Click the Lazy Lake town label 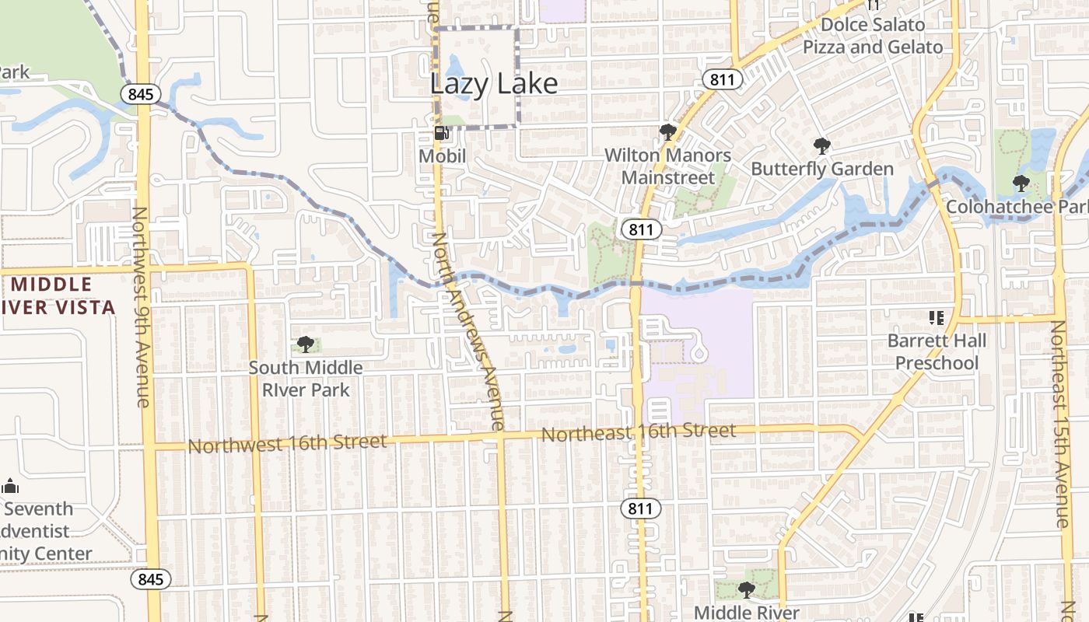(x=494, y=84)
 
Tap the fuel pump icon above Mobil (x=441, y=133)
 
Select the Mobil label (x=442, y=156)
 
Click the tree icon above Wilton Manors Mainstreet (x=667, y=131)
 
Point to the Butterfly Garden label (x=822, y=169)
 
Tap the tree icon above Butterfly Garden (x=821, y=145)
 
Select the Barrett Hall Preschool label (x=937, y=351)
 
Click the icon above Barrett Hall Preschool (x=937, y=317)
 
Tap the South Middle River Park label (x=306, y=379)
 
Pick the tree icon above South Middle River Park (x=306, y=344)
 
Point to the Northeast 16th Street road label (x=639, y=432)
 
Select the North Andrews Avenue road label (x=470, y=330)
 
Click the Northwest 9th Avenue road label (x=141, y=306)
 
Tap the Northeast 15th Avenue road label (x=1062, y=424)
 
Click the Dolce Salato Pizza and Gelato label (x=873, y=36)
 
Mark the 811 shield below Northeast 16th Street (x=640, y=509)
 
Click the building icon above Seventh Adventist (x=10, y=487)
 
